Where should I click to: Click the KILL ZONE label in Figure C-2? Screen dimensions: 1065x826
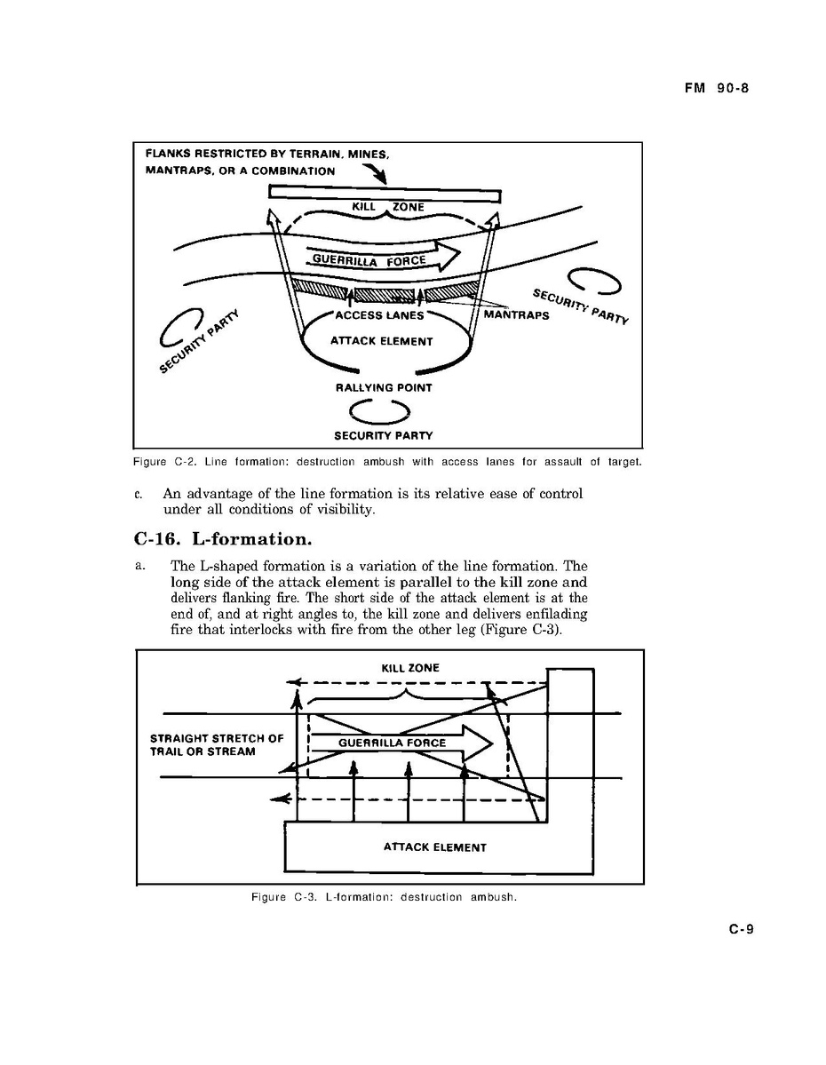pos(388,207)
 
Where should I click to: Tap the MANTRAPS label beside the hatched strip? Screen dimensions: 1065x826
pos(516,315)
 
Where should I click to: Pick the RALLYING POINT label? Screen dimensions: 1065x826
pos(384,388)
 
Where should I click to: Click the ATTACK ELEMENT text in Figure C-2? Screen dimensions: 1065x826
pos(381,341)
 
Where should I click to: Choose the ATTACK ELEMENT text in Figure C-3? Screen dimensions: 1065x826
pos(434,847)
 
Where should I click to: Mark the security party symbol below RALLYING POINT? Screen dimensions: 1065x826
pos(379,411)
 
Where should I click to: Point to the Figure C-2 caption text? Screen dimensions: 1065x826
pos(387,462)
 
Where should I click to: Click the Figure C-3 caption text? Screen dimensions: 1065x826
pos(384,897)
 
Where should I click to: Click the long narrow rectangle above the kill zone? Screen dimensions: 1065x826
pos(385,193)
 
